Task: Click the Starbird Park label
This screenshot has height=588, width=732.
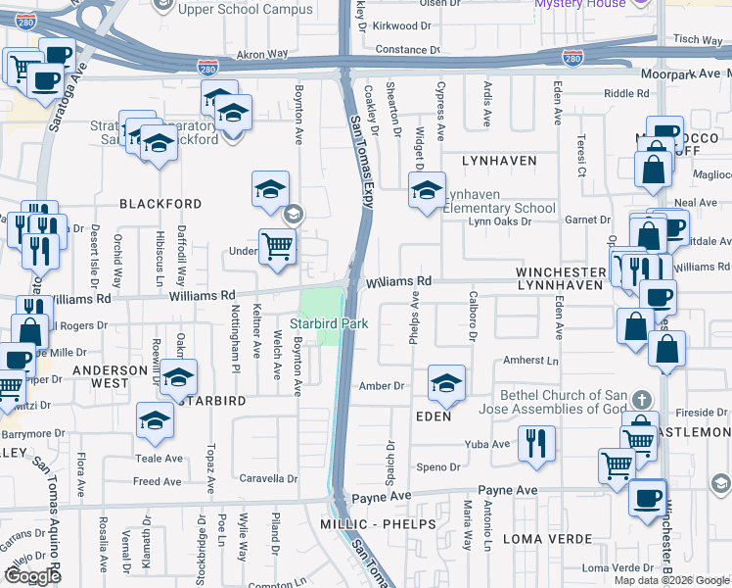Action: coord(329,321)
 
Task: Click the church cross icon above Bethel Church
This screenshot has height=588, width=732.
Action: coord(641,400)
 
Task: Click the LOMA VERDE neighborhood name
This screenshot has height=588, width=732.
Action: coord(547,539)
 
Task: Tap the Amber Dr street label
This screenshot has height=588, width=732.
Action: coord(382,386)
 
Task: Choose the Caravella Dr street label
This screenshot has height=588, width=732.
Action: coord(270,479)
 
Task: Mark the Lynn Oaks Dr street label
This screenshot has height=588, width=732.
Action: coord(499,221)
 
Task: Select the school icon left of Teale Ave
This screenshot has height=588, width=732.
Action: coord(155,420)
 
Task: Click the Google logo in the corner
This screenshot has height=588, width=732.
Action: coord(32,576)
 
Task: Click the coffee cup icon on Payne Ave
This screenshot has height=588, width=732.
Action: coord(647,497)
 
